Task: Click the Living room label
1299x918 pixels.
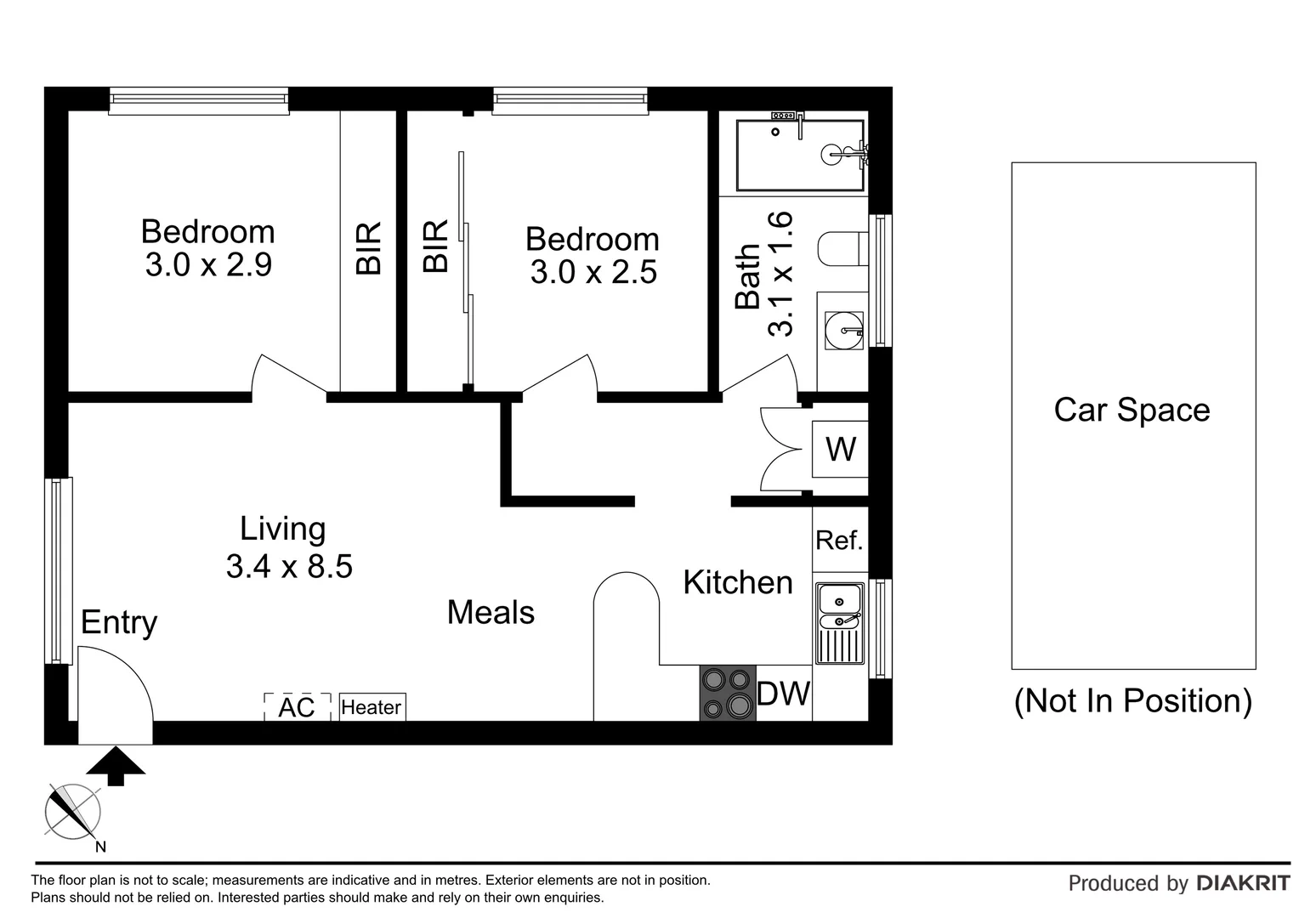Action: tap(282, 529)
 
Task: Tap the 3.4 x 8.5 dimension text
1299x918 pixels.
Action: tap(289, 566)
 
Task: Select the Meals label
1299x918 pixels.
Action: tap(491, 612)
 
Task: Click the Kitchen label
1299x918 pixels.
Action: tap(737, 582)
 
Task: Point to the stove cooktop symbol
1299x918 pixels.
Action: tap(728, 693)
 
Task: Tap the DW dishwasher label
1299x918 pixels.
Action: tap(783, 694)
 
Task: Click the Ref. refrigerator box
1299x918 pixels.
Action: tap(839, 541)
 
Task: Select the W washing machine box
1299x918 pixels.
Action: tap(840, 449)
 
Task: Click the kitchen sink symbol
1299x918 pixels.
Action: tap(840, 622)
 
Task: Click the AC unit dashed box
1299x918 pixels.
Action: tap(297, 706)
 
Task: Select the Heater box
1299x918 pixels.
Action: tap(372, 707)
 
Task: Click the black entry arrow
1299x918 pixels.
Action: tap(116, 765)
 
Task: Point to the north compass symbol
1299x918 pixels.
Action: tap(72, 809)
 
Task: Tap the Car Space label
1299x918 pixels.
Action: tap(1132, 410)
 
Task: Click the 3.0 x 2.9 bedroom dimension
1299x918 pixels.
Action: tap(208, 265)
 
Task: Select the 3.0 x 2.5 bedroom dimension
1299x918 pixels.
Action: tap(593, 273)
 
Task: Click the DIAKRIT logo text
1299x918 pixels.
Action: tap(1243, 883)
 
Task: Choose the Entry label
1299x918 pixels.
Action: tap(119, 622)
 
